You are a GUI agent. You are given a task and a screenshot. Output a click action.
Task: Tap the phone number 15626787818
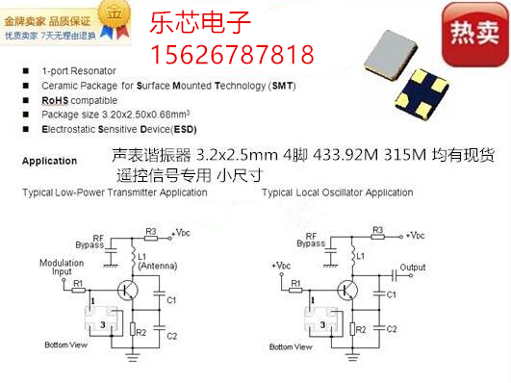click(x=232, y=52)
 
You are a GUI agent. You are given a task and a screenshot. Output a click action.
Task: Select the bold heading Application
click(x=49, y=162)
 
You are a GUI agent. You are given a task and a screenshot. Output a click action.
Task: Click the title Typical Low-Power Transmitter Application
click(x=114, y=192)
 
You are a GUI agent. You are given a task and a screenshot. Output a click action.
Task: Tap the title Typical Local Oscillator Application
click(x=337, y=192)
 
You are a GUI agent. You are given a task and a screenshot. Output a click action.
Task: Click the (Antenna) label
click(x=158, y=266)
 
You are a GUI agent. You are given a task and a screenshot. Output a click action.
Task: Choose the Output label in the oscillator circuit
click(x=414, y=267)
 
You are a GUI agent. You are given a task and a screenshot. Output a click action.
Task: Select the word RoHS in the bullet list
click(x=54, y=100)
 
